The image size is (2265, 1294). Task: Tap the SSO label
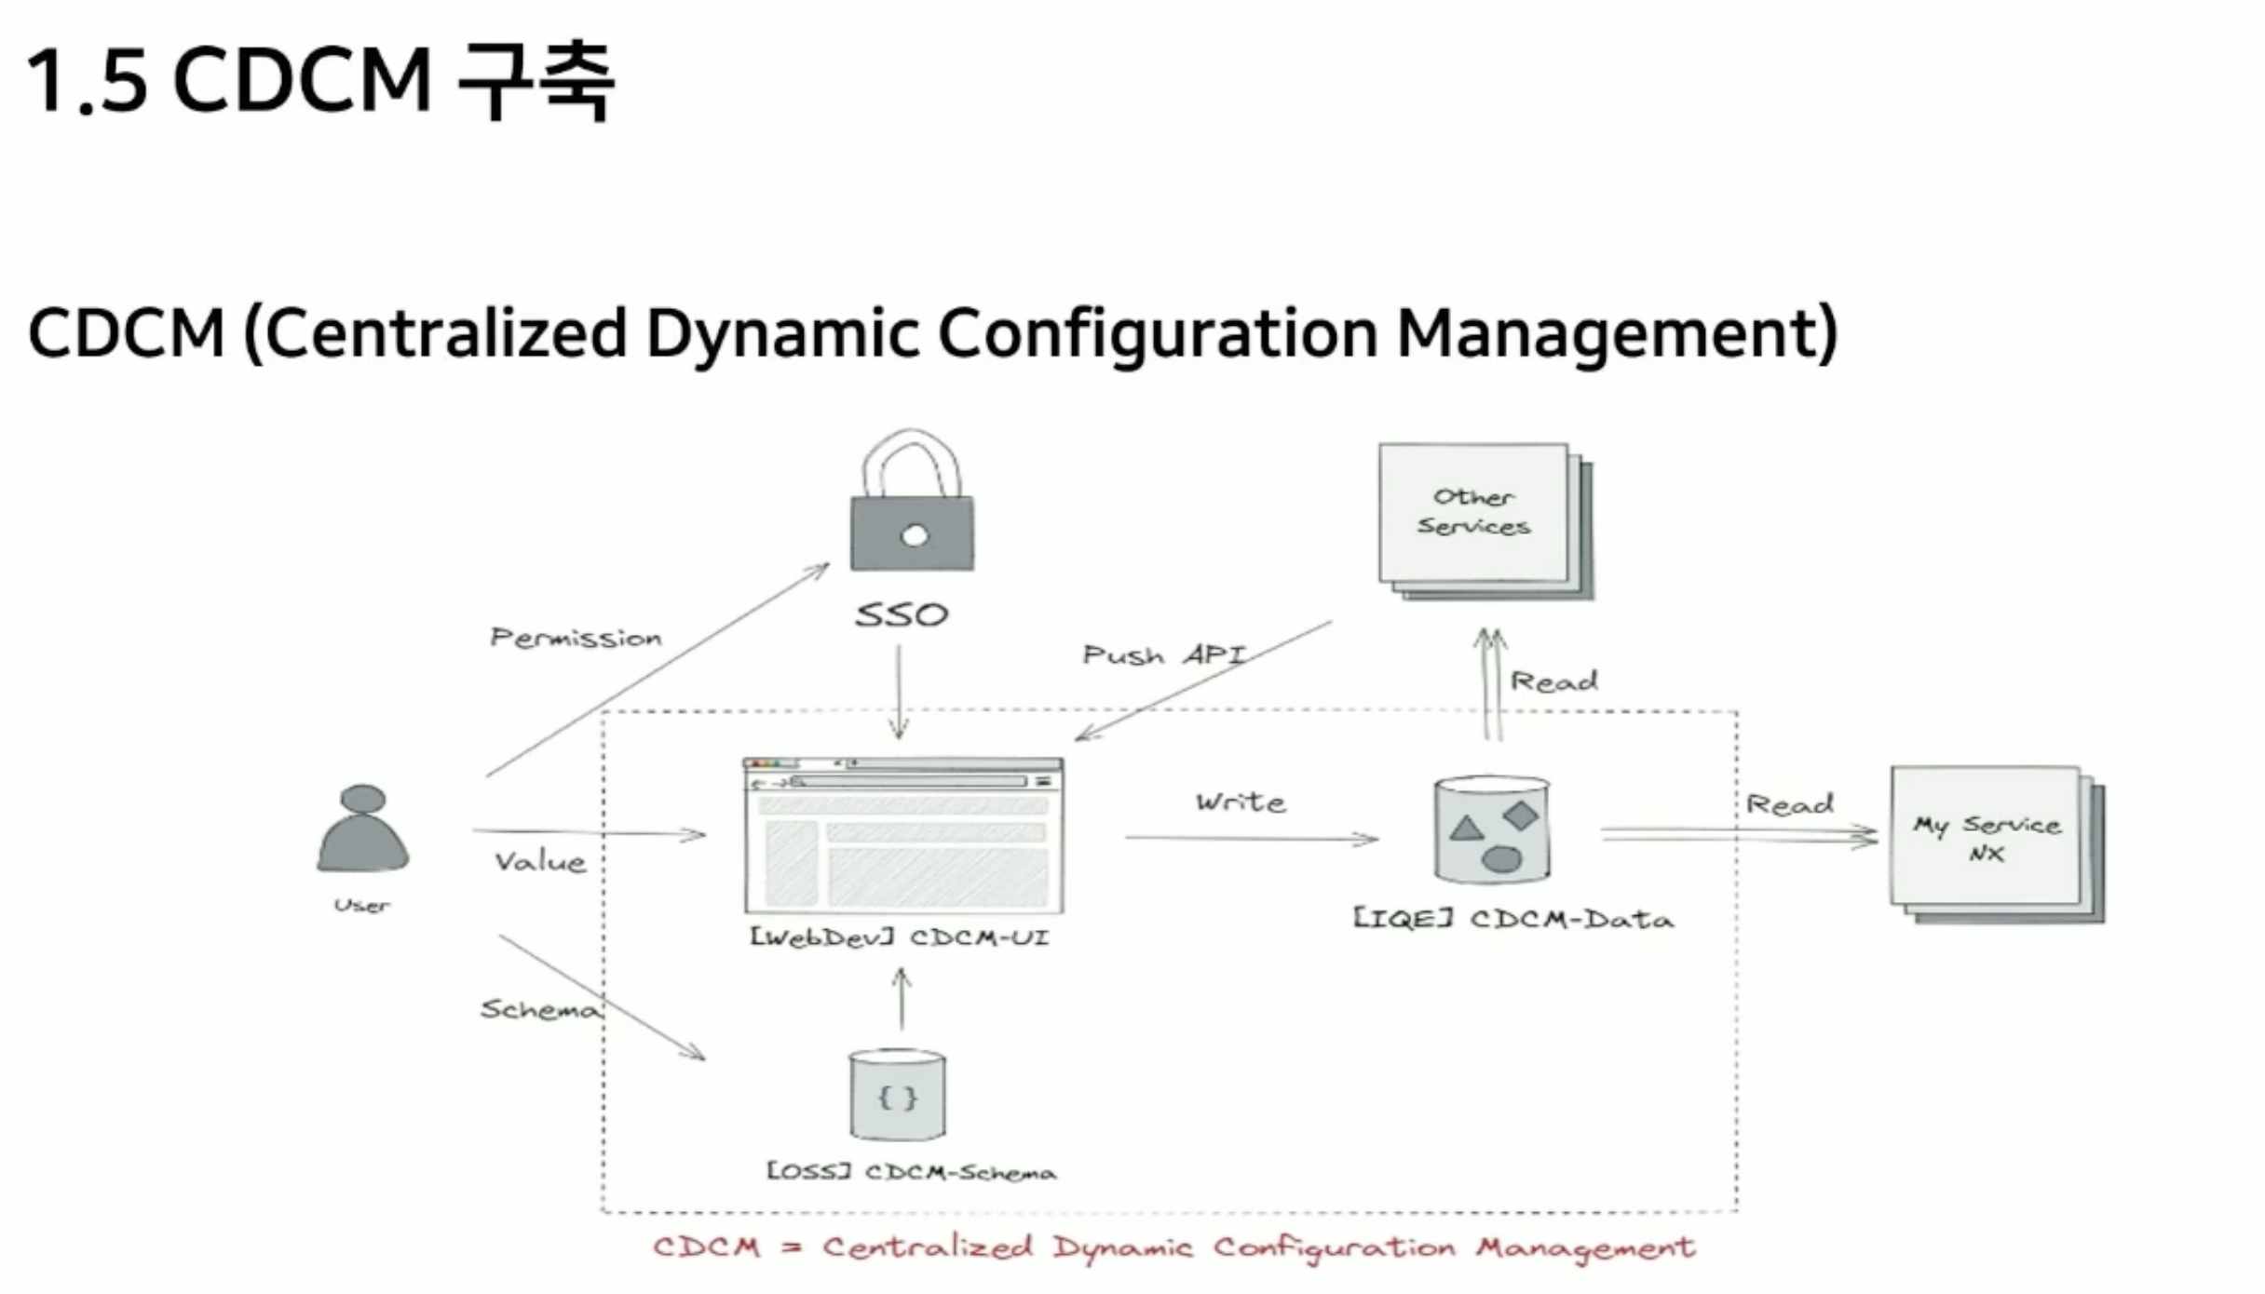tap(902, 615)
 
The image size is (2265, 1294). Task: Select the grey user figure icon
tap(362, 829)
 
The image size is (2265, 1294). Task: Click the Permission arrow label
tap(576, 638)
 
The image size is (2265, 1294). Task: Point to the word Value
tap(540, 862)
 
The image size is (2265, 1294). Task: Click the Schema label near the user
tap(538, 1009)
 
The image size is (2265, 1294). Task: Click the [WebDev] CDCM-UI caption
tap(900, 937)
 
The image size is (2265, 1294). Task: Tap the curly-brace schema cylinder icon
tap(897, 1095)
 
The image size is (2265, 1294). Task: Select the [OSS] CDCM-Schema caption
tap(911, 1172)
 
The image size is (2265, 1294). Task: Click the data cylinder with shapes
tap(1492, 829)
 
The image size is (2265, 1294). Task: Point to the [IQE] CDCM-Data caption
tap(1512, 920)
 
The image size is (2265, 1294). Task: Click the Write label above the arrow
tap(1241, 802)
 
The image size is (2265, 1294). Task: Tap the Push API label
tap(1164, 655)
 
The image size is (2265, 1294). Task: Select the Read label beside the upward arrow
tap(1553, 681)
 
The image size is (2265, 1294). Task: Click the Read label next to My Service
tap(1789, 803)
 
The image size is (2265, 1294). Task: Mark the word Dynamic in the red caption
tap(1122, 1247)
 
